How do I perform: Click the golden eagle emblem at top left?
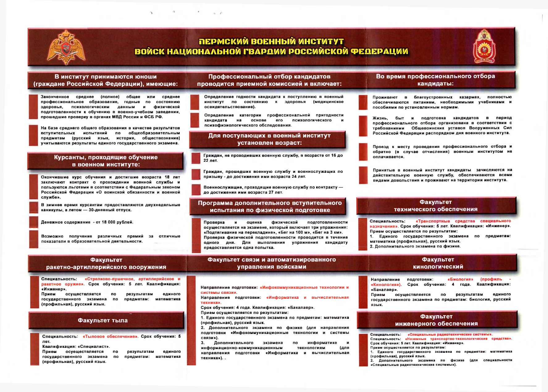pos(66,47)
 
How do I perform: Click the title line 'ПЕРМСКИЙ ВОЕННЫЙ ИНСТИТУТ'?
pos(271,42)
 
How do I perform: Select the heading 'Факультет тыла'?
pos(103,320)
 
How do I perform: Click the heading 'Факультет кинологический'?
pos(438,263)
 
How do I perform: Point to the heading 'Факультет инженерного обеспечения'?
pos(436,320)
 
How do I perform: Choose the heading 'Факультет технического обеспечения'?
pos(436,206)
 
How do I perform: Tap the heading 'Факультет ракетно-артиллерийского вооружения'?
pos(106,263)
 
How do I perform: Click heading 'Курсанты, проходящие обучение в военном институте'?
pos(106,161)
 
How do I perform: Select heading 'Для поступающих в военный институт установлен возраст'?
pos(269,139)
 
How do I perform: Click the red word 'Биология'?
pos(460,279)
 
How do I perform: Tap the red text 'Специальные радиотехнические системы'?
pos(450,334)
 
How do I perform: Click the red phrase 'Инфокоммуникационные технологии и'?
pos(304,287)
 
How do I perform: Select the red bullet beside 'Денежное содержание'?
pos(34,222)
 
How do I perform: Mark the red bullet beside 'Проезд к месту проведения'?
pos(363,152)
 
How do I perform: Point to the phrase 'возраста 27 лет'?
pos(267,192)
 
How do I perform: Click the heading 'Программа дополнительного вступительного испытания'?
pos(270,206)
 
